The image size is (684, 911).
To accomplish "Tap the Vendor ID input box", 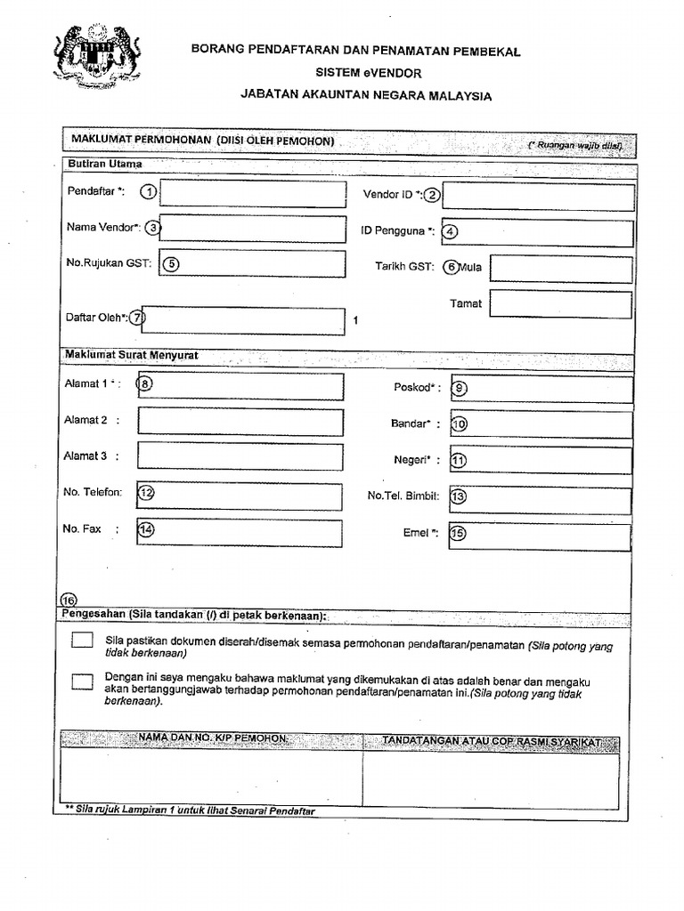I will [538, 197].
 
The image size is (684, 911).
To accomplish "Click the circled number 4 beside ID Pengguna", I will [450, 231].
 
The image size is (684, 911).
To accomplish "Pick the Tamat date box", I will [560, 304].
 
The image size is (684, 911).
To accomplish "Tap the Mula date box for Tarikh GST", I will [560, 269].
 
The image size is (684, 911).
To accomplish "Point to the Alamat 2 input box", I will [240, 422].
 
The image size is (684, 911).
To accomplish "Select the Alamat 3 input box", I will [240, 456].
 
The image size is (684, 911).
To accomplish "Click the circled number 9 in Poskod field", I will [460, 388].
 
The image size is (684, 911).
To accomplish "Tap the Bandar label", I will [413, 423].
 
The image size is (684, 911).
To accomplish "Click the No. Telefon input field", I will [240, 496].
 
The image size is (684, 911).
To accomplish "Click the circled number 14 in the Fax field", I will [146, 529].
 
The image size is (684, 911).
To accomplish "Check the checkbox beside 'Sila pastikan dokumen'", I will [82, 640].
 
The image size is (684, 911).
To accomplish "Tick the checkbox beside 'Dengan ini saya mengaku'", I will [82, 681].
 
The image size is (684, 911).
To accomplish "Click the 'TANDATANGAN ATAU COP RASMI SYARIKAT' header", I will [491, 741].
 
